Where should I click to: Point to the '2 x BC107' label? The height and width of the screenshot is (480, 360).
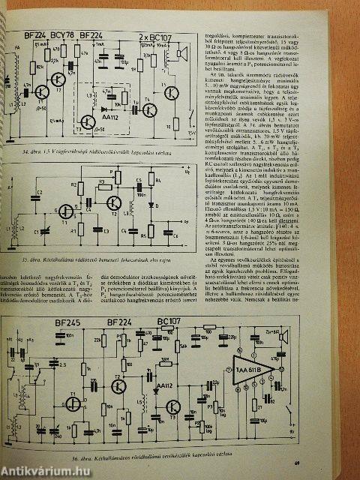pos(154,35)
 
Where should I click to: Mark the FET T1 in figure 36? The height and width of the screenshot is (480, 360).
pos(73,401)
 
